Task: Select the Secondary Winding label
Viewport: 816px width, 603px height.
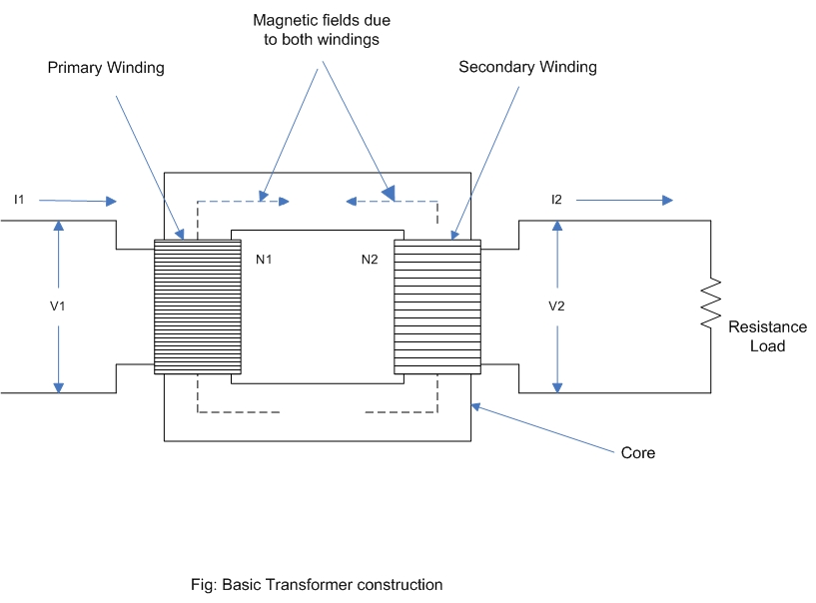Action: tap(527, 67)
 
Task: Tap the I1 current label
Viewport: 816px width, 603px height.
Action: tap(19, 201)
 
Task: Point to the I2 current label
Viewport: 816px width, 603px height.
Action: tap(556, 200)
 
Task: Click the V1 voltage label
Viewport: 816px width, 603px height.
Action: tap(58, 305)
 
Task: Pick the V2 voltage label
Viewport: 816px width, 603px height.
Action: tap(557, 305)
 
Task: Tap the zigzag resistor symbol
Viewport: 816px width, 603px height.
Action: tap(710, 304)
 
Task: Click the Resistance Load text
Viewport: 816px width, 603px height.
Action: tap(767, 336)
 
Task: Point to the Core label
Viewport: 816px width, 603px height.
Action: tap(638, 453)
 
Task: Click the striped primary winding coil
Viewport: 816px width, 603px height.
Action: tap(198, 306)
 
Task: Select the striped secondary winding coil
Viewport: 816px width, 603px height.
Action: tap(437, 306)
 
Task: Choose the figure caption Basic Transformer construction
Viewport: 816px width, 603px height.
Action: tap(317, 584)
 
